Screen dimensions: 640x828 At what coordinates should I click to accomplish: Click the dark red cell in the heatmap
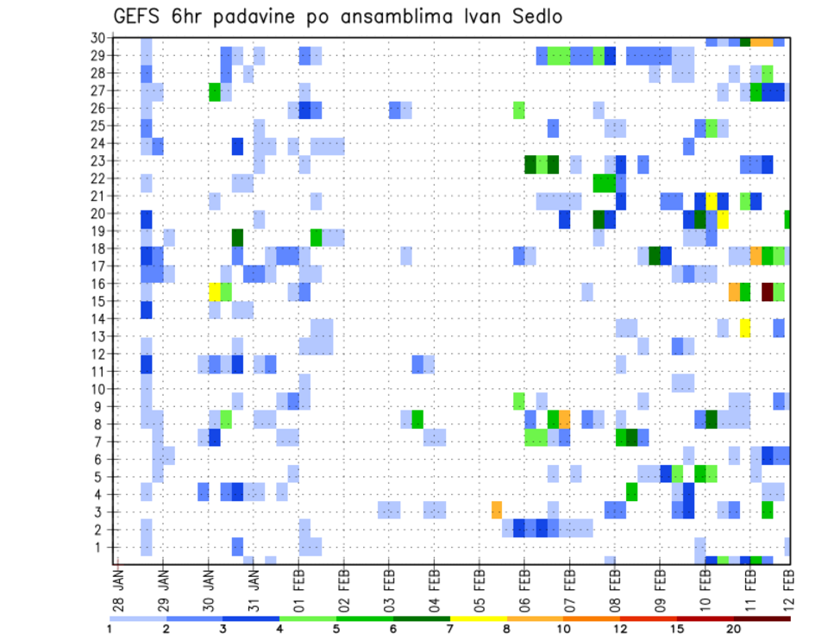(767, 292)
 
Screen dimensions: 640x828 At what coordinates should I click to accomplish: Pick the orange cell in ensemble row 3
(497, 510)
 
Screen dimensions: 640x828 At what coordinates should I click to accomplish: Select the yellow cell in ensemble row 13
(744, 327)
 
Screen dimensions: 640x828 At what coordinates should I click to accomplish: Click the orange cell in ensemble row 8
(564, 419)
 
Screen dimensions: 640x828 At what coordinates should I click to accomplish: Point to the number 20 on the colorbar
(734, 630)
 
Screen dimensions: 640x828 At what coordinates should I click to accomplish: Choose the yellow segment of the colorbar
(478, 618)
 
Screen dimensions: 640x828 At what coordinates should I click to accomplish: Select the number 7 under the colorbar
(449, 630)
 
